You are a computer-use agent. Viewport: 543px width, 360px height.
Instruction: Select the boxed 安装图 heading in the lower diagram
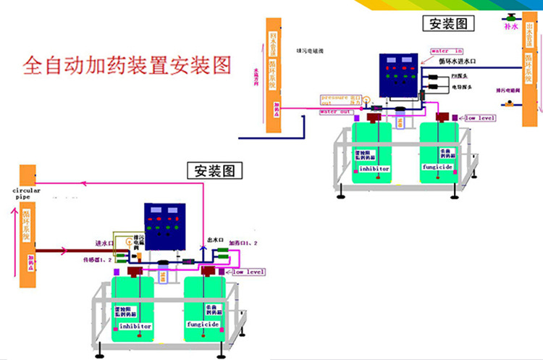215,171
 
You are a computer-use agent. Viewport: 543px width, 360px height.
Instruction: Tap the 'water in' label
447,51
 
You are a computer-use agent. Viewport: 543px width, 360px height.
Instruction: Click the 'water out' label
336,112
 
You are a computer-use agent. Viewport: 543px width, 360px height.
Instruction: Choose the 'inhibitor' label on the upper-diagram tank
372,168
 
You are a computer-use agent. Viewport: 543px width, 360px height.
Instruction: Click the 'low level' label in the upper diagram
479,117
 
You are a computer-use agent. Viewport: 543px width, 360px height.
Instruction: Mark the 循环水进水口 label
456,62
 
